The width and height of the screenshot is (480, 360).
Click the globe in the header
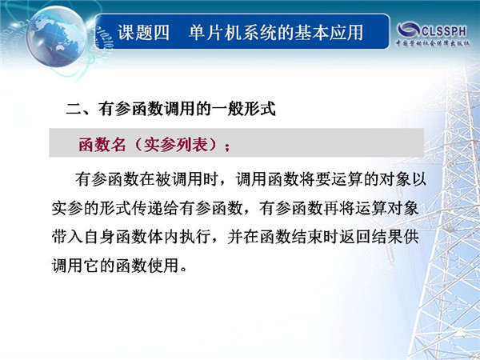(57, 37)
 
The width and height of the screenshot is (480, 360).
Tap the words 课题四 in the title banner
(143, 33)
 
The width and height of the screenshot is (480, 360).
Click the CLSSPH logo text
(444, 31)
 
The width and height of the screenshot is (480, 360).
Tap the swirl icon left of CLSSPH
(408, 30)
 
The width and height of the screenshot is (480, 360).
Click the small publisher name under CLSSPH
(433, 43)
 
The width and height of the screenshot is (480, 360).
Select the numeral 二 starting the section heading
(74, 109)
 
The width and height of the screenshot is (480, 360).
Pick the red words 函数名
(102, 144)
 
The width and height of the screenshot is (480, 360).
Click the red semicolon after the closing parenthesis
(227, 147)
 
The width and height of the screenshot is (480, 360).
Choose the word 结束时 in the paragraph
(314, 238)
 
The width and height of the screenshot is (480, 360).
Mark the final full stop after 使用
(184, 270)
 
